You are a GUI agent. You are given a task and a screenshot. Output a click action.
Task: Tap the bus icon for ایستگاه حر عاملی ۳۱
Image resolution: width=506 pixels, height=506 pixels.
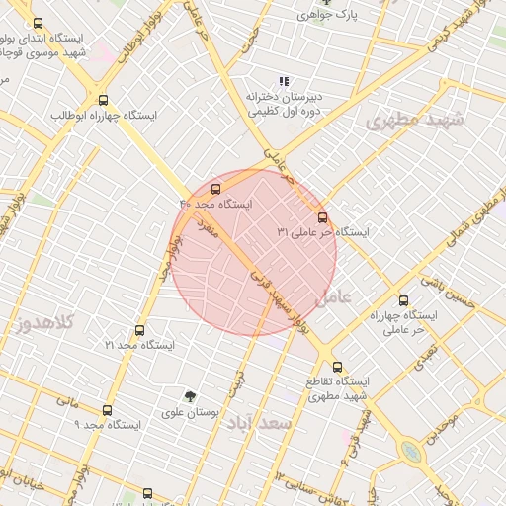322,217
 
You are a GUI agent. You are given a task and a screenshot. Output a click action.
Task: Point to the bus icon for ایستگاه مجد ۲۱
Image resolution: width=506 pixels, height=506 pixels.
139,330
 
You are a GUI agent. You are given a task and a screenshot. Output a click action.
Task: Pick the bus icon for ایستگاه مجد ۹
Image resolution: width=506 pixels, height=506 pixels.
107,410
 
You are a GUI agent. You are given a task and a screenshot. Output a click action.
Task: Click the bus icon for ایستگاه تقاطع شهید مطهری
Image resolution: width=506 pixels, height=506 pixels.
337,366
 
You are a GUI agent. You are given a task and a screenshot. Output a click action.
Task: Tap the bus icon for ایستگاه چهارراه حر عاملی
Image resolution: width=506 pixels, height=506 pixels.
402,300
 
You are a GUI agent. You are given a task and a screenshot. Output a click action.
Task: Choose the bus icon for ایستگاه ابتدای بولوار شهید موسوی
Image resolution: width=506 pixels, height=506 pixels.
38,23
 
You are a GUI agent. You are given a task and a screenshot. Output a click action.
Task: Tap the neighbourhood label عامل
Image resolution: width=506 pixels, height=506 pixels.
332,295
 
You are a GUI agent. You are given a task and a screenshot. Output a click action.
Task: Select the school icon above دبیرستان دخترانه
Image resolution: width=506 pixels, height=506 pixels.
284,82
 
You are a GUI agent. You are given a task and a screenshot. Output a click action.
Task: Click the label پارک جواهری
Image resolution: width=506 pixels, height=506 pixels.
329,15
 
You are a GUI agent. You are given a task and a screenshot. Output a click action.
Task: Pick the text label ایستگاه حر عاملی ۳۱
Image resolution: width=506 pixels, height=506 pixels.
322,233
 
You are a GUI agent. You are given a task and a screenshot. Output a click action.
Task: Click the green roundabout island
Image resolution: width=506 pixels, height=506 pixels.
410,452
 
